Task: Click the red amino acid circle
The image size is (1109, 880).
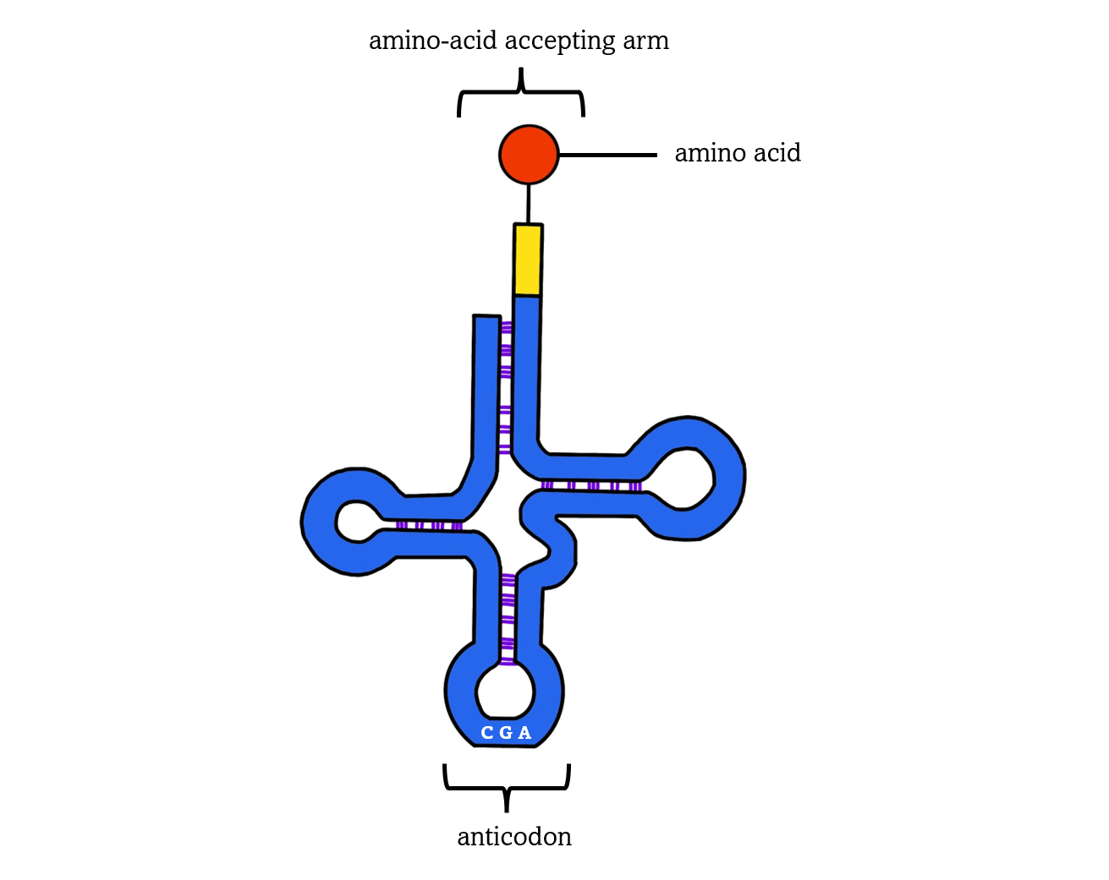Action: pyautogui.click(x=529, y=155)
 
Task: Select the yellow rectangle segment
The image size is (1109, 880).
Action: pyautogui.click(x=528, y=260)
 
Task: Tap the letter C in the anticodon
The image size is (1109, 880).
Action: pyautogui.click(x=486, y=733)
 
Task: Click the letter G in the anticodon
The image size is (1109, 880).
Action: pyautogui.click(x=505, y=733)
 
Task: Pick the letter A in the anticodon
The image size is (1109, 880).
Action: pyautogui.click(x=524, y=733)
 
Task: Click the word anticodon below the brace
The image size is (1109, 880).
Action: pyautogui.click(x=514, y=836)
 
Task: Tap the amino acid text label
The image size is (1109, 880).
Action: pyautogui.click(x=737, y=153)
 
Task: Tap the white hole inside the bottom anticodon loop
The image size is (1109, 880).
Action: pyautogui.click(x=506, y=691)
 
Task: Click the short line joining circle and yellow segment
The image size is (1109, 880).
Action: pyautogui.click(x=529, y=204)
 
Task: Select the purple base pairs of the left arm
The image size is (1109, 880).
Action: pyautogui.click(x=429, y=526)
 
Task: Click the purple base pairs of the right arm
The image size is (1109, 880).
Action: pyautogui.click(x=591, y=486)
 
